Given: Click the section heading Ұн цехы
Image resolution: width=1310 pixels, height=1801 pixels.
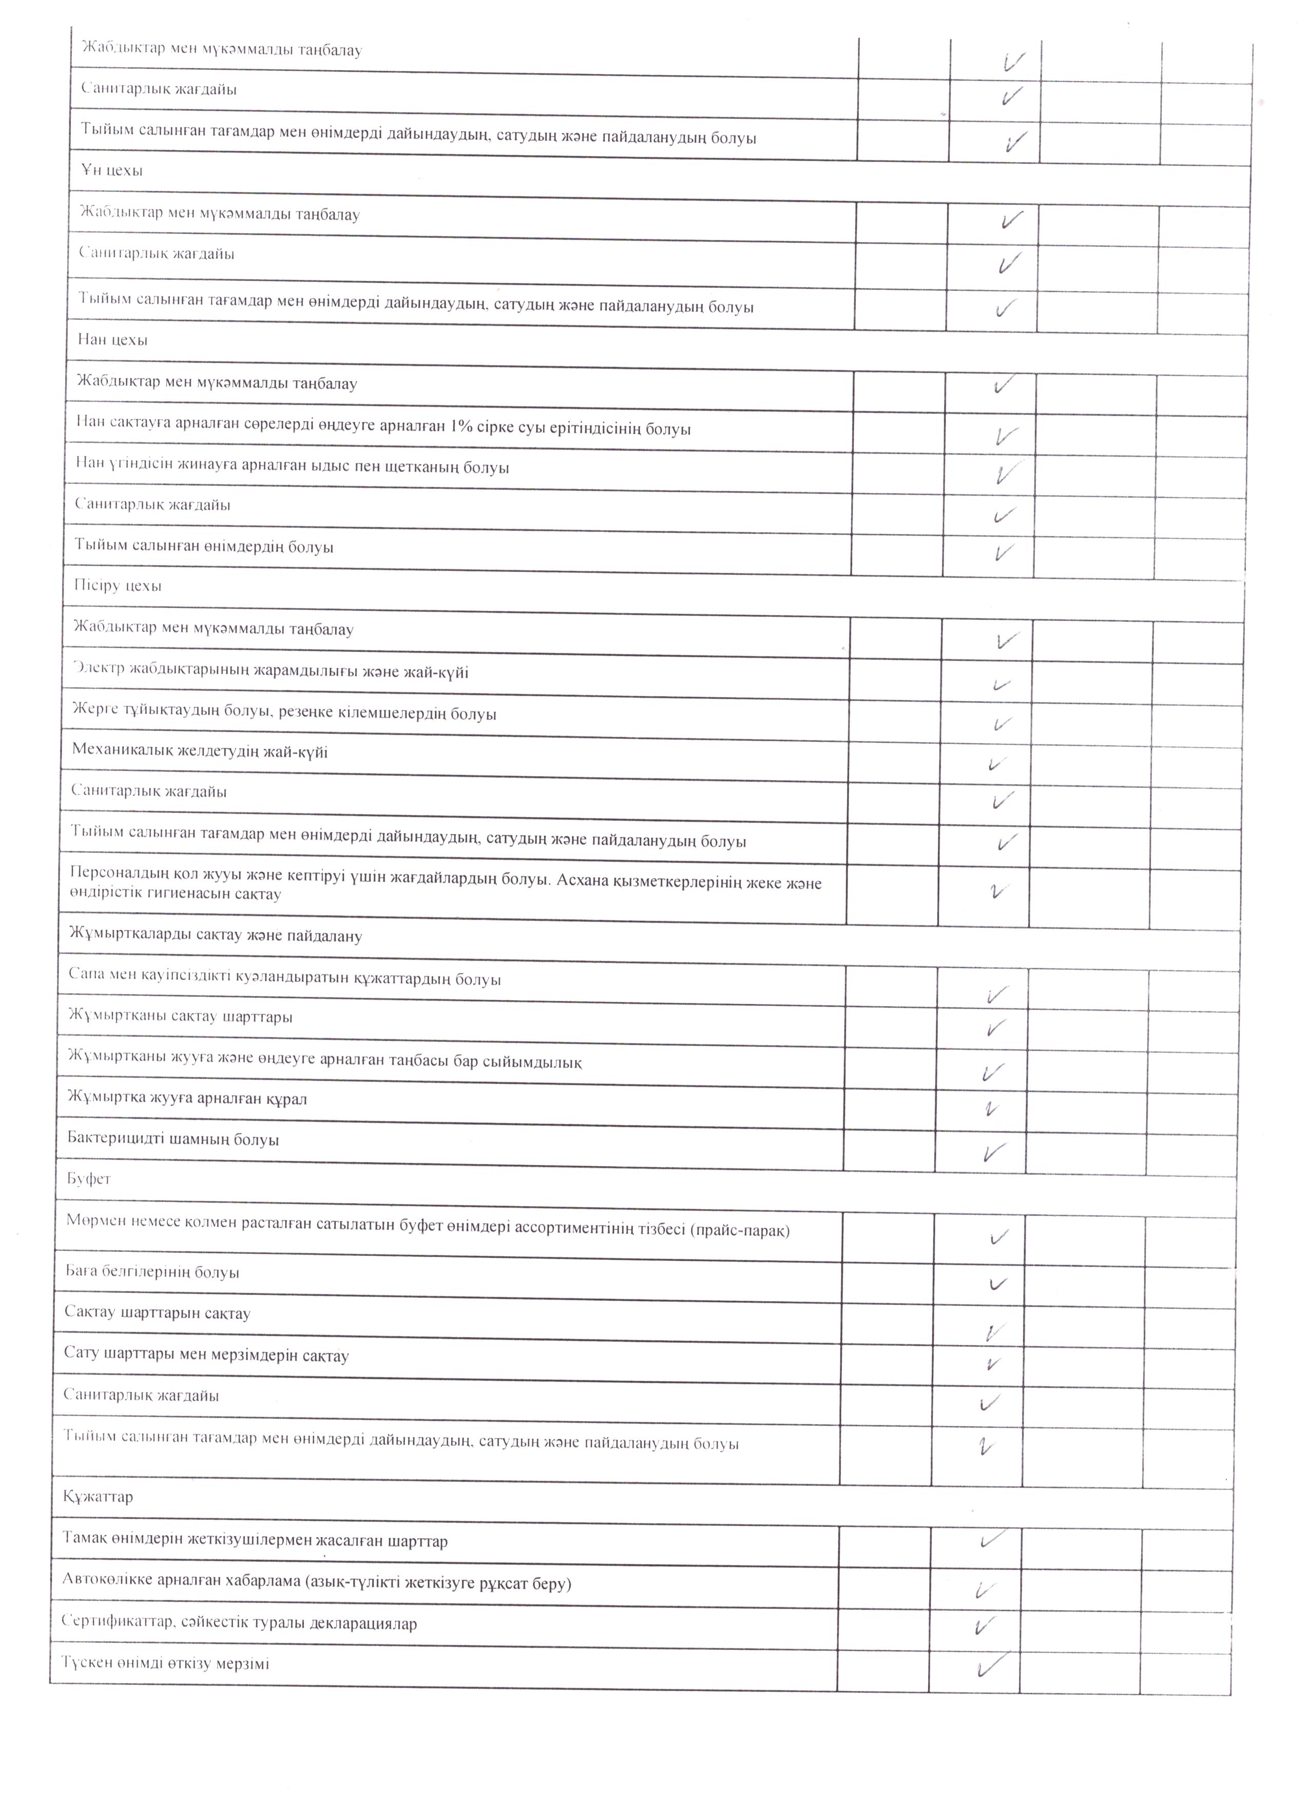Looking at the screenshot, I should coord(111,171).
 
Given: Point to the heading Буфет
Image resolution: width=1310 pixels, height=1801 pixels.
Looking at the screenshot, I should coord(88,1179).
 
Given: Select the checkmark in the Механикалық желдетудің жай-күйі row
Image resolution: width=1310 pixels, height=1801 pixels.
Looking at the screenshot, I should coord(996,764).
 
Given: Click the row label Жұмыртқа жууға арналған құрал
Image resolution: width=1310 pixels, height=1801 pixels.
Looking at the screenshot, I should coord(187,1099).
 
